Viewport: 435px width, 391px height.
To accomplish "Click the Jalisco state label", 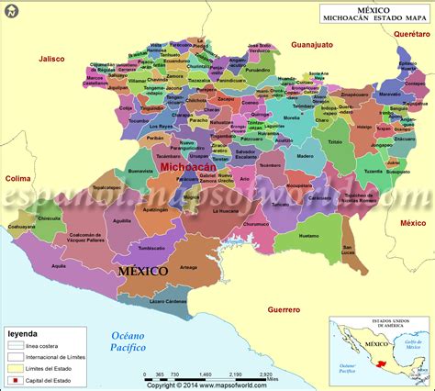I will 51,59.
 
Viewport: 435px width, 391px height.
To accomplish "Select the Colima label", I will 18,178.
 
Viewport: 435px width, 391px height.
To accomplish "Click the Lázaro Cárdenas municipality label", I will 169,301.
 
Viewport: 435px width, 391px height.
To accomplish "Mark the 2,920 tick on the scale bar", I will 267,375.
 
